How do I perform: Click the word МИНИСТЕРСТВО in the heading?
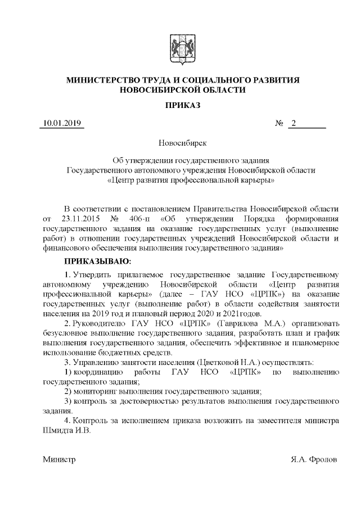tap(100, 80)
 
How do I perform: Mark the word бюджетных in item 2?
tap(120, 353)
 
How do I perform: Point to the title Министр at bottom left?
tap(60, 460)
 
